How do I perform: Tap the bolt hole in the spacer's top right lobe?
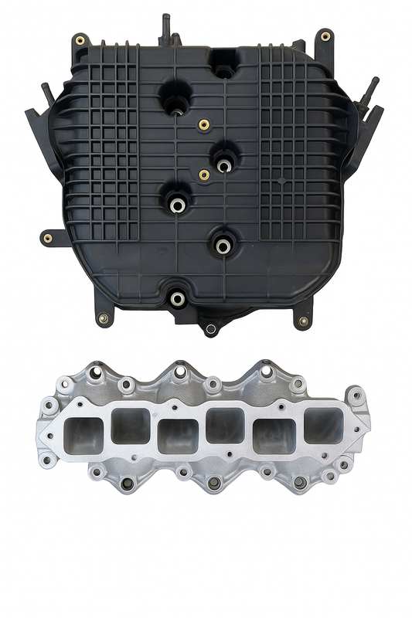coord(265,372)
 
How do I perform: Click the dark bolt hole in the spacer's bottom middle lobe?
coord(214,483)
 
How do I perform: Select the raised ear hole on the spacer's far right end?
coord(357,398)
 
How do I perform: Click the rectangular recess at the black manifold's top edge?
coord(224,59)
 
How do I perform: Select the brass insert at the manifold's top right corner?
coord(325,36)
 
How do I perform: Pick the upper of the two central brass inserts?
coord(204,124)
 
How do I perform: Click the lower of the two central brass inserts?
coord(204,175)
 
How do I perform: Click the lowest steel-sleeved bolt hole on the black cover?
coord(178,298)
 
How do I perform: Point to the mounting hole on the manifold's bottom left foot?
coord(101,317)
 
